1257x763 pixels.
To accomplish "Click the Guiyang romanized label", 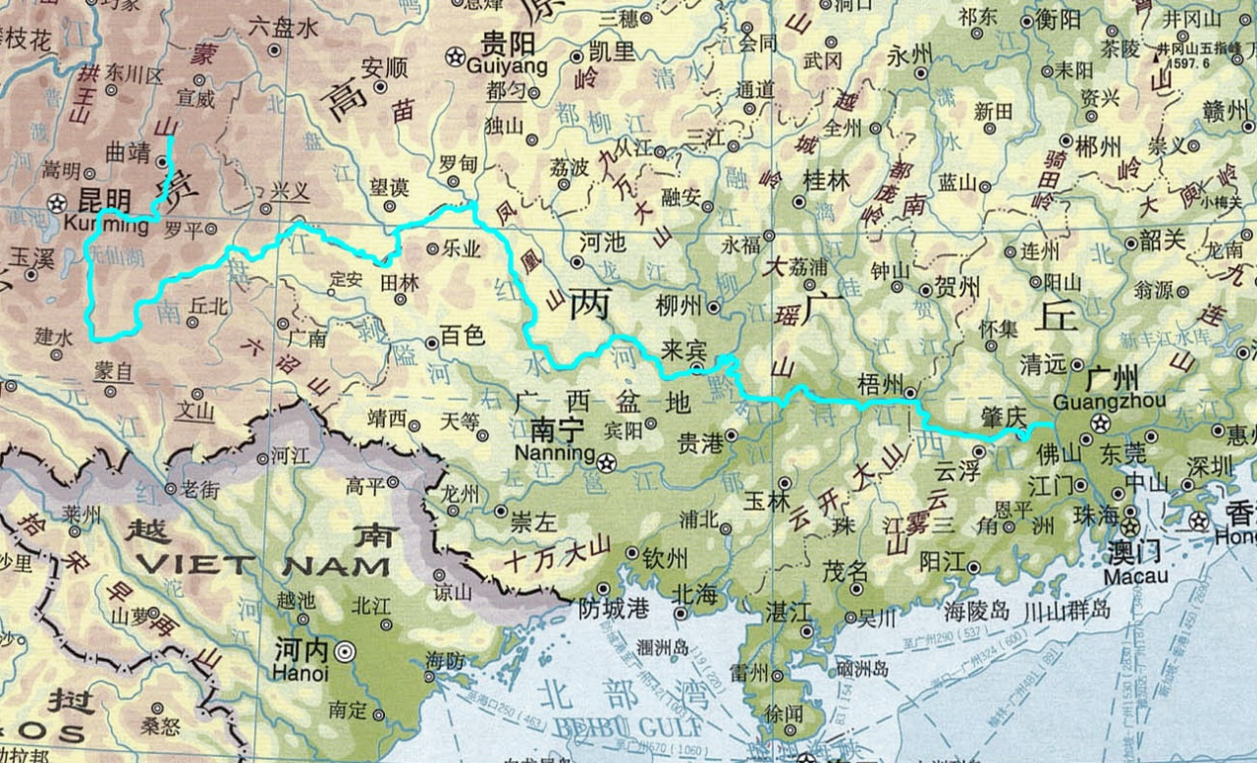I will point(507,66).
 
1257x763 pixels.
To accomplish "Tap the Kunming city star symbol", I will point(57,203).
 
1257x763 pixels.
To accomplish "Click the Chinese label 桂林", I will point(826,181).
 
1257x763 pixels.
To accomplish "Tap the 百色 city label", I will point(463,336).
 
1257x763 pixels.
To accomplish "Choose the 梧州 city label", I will point(880,386).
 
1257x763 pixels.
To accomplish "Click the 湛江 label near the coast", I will point(790,612).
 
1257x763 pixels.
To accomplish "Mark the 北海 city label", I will point(693,594).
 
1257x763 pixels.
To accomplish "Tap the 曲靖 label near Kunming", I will point(128,153).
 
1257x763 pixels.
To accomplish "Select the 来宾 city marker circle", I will point(696,368).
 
